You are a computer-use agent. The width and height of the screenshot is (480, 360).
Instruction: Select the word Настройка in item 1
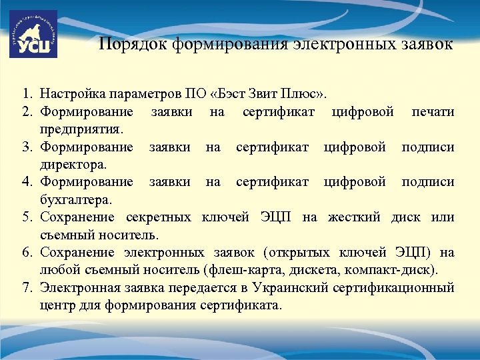[71, 93]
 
